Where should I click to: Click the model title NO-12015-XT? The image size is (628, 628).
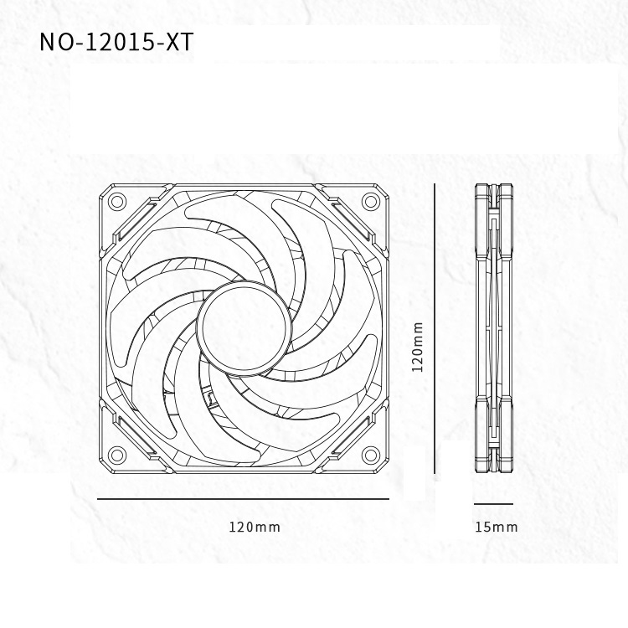pyautogui.click(x=116, y=43)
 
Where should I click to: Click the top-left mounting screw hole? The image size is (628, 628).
pyautogui.click(x=117, y=201)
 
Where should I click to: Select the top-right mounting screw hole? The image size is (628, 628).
pyautogui.click(x=369, y=201)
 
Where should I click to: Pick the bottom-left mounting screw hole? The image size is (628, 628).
pyautogui.click(x=117, y=455)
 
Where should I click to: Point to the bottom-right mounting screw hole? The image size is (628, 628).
pyautogui.click(x=369, y=455)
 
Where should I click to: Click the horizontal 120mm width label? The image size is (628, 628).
pyautogui.click(x=255, y=527)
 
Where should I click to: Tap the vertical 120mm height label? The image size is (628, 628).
pyautogui.click(x=419, y=346)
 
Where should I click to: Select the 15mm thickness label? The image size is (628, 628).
pyautogui.click(x=496, y=527)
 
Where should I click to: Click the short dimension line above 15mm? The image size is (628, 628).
pyautogui.click(x=493, y=504)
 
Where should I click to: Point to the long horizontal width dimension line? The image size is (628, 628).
pyautogui.click(x=243, y=499)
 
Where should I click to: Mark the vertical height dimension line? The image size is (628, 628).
pyautogui.click(x=435, y=328)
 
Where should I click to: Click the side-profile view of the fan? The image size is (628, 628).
pyautogui.click(x=493, y=328)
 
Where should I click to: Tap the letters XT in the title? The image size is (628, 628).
pyautogui.click(x=179, y=43)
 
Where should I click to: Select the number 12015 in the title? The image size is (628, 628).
pyautogui.click(x=119, y=43)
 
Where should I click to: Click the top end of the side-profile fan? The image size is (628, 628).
pyautogui.click(x=493, y=187)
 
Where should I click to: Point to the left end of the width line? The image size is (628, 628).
pyautogui.click(x=99, y=499)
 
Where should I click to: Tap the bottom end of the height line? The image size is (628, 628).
pyautogui.click(x=435, y=471)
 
